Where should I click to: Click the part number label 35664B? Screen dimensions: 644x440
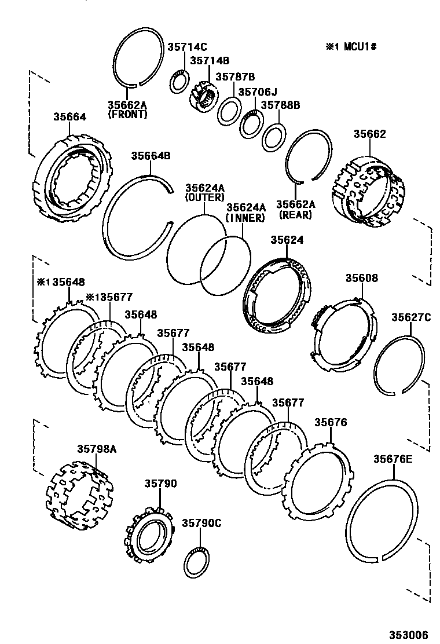151,156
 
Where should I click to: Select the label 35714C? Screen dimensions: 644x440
187,47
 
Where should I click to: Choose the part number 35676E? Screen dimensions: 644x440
393,459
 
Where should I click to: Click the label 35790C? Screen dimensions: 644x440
201,523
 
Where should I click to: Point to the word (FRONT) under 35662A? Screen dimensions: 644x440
127,115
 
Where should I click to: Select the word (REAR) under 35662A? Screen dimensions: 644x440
295,214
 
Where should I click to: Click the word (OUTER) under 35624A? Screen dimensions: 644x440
204,197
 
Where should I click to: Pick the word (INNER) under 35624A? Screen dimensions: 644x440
245,218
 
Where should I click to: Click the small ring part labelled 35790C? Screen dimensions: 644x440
197,562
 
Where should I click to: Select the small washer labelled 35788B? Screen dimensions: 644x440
272,136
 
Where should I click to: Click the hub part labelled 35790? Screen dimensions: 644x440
149,533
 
